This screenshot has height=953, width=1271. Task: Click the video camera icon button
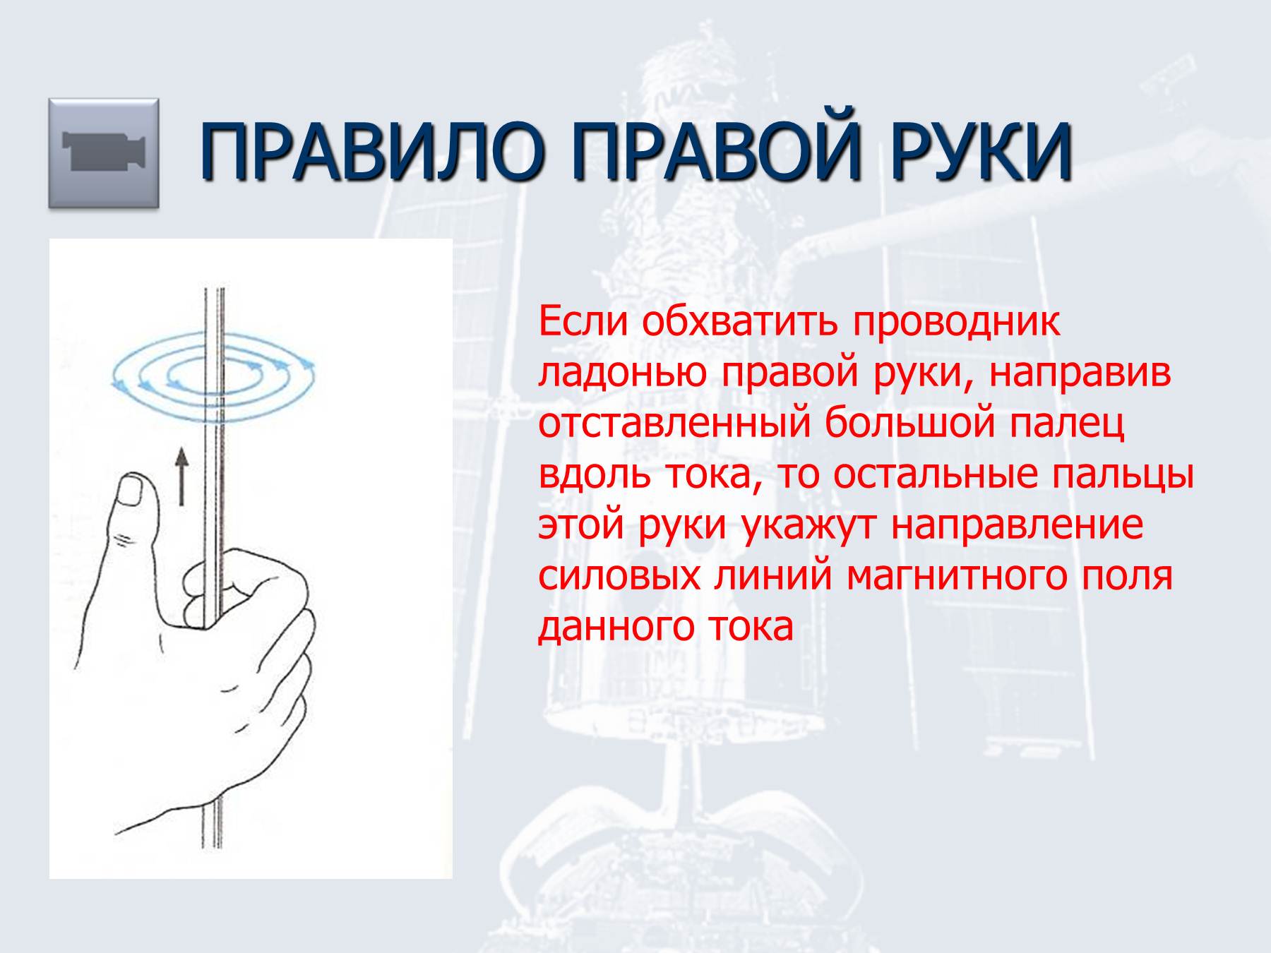(104, 153)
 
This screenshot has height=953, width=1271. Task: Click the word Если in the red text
(583, 321)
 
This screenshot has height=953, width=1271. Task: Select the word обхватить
(740, 322)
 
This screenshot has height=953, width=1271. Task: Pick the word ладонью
(622, 373)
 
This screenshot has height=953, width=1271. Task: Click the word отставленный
(674, 424)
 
